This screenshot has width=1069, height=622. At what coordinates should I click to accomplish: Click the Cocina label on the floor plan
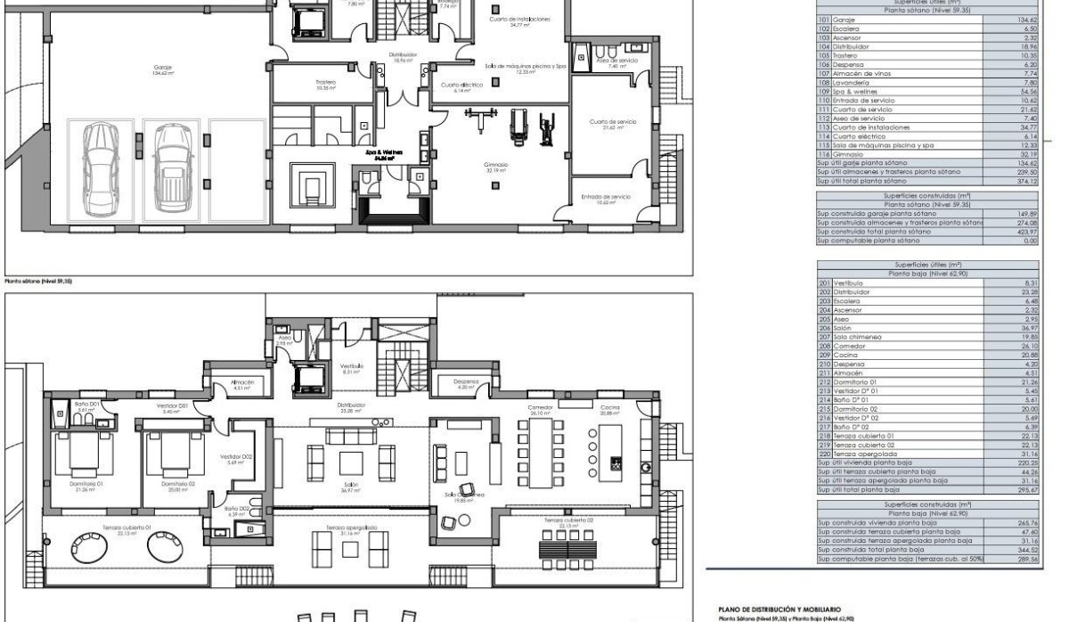tap(610, 406)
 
